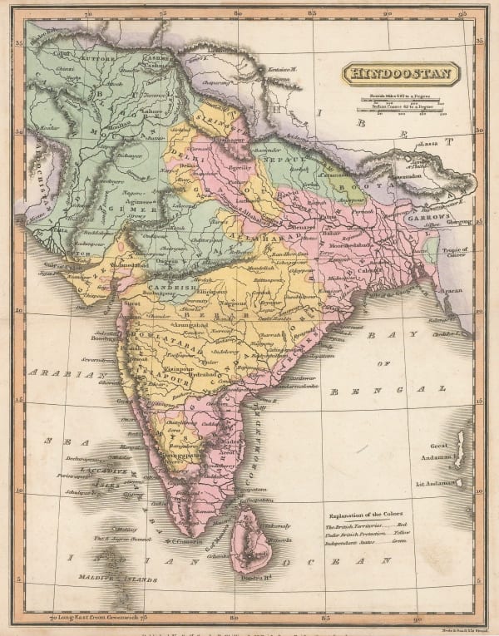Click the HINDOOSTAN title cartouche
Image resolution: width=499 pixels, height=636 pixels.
[400, 72]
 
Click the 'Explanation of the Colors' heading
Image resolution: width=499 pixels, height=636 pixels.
[372, 514]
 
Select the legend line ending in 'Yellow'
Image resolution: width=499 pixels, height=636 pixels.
[373, 538]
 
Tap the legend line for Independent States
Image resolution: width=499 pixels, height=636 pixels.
[373, 549]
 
